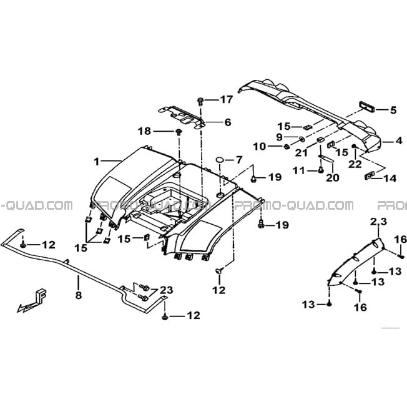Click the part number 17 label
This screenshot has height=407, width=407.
[x=227, y=99]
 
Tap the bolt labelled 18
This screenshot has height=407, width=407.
[x=179, y=132]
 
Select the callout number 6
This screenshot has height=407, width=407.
[x=227, y=122]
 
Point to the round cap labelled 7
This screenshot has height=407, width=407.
[x=220, y=159]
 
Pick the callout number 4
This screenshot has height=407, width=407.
[x=398, y=141]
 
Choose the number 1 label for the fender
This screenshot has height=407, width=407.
[x=97, y=162]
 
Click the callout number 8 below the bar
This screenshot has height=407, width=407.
[x=79, y=295]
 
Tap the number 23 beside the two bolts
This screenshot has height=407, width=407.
[x=166, y=290]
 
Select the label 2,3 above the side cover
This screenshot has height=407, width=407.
[x=378, y=222]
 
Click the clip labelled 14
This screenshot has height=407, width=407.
[x=368, y=176]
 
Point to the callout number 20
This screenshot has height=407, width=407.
[x=333, y=177]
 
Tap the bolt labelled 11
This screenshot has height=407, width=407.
[x=321, y=170]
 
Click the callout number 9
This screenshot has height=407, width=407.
[x=279, y=137]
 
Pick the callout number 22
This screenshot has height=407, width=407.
[x=355, y=164]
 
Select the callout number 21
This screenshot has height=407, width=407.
[x=301, y=152]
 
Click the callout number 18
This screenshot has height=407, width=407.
[x=145, y=131]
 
